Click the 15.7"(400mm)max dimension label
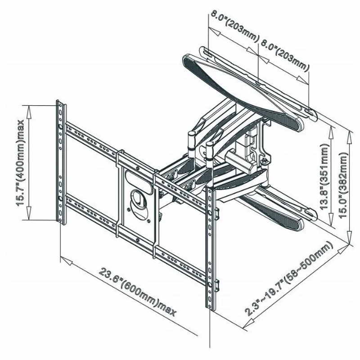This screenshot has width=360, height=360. tap(21, 163)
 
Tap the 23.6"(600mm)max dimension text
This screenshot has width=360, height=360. tap(138, 292)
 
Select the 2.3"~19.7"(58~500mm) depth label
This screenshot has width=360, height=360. tap(289, 279)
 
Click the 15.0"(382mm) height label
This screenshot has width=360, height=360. tap(344, 185)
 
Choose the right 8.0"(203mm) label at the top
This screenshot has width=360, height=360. tap(285, 55)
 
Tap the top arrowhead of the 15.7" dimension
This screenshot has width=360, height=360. tap(29, 112)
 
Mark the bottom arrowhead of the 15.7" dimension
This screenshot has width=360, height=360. tap(29, 213)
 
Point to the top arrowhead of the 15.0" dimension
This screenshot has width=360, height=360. tap(349, 137)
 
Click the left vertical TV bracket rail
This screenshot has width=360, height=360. tap(61, 162)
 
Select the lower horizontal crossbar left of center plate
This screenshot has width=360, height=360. tap(91, 213)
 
